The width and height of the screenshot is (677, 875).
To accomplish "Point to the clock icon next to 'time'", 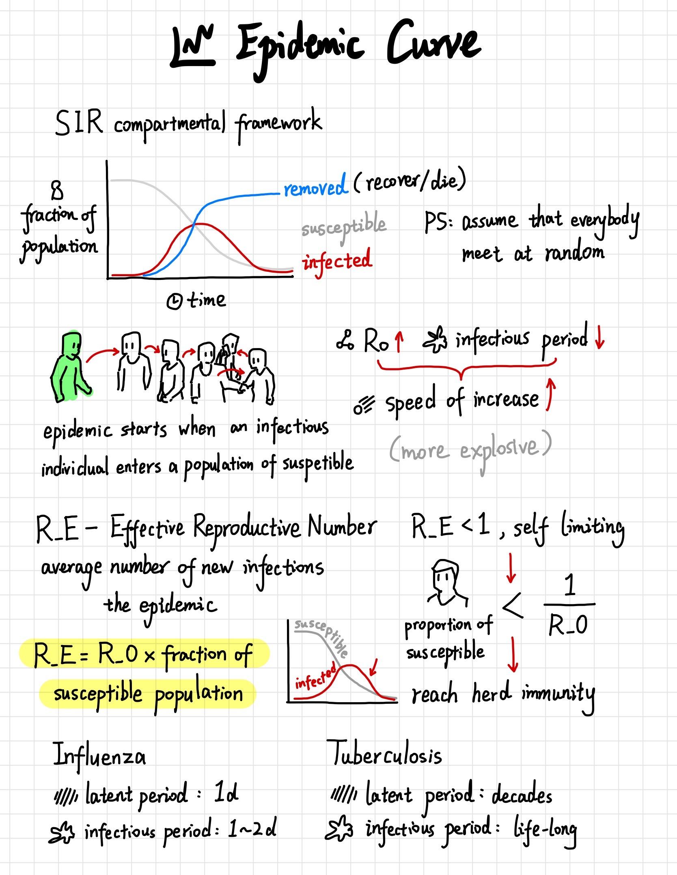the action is pos(175,301).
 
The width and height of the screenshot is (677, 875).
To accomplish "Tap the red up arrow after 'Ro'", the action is pos(399,341).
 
